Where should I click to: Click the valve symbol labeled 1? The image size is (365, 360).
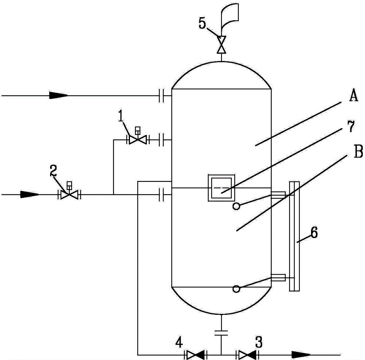137,139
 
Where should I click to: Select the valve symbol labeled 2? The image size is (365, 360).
69,195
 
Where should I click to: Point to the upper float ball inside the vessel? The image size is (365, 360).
237,206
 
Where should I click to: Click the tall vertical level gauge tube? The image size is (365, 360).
294,236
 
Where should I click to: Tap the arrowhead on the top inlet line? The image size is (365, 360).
58,96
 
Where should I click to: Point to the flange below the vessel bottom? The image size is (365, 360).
221,332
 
